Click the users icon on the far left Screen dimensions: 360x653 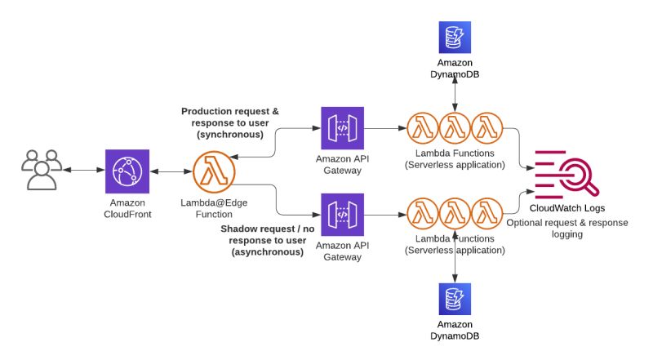pyautogui.click(x=41, y=170)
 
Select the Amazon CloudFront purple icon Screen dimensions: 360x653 pyautogui.click(x=127, y=171)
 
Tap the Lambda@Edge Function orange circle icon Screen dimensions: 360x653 pyautogui.click(x=214, y=171)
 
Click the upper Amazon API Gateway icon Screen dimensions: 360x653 pyautogui.click(x=342, y=128)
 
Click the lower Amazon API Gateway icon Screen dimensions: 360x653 pyautogui.click(x=342, y=215)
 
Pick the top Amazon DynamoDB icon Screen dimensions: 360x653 pyautogui.click(x=455, y=38)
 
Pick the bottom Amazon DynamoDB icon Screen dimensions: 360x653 pyautogui.click(x=455, y=300)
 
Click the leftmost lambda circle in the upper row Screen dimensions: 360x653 pyautogui.click(x=424, y=128)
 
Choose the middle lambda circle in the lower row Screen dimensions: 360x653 pyautogui.click(x=455, y=215)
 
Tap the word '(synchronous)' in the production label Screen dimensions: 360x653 pyautogui.click(x=229, y=134)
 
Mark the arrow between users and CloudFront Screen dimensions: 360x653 pyautogui.click(x=84, y=171)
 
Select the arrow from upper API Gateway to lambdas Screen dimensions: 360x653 pyautogui.click(x=385, y=128)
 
